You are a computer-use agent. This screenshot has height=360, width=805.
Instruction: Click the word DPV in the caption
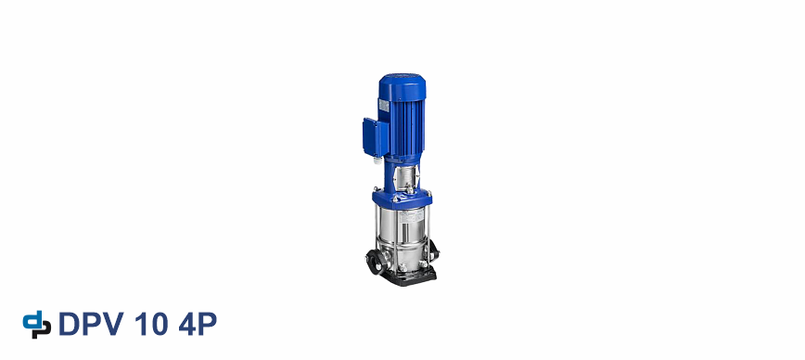point(92,324)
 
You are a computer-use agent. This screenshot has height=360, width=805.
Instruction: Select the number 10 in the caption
point(151,324)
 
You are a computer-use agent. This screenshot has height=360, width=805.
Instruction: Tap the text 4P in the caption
point(198,324)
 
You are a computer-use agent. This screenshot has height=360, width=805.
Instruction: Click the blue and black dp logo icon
point(37,325)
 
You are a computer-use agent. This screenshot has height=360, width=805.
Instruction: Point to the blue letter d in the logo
point(32,320)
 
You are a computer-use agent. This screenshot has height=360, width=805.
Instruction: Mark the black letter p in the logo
point(43,329)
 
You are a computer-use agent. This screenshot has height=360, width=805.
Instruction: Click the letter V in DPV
point(113,324)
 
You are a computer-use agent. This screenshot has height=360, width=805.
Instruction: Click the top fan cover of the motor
point(402,87)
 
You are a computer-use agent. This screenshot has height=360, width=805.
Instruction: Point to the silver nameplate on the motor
point(384,105)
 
